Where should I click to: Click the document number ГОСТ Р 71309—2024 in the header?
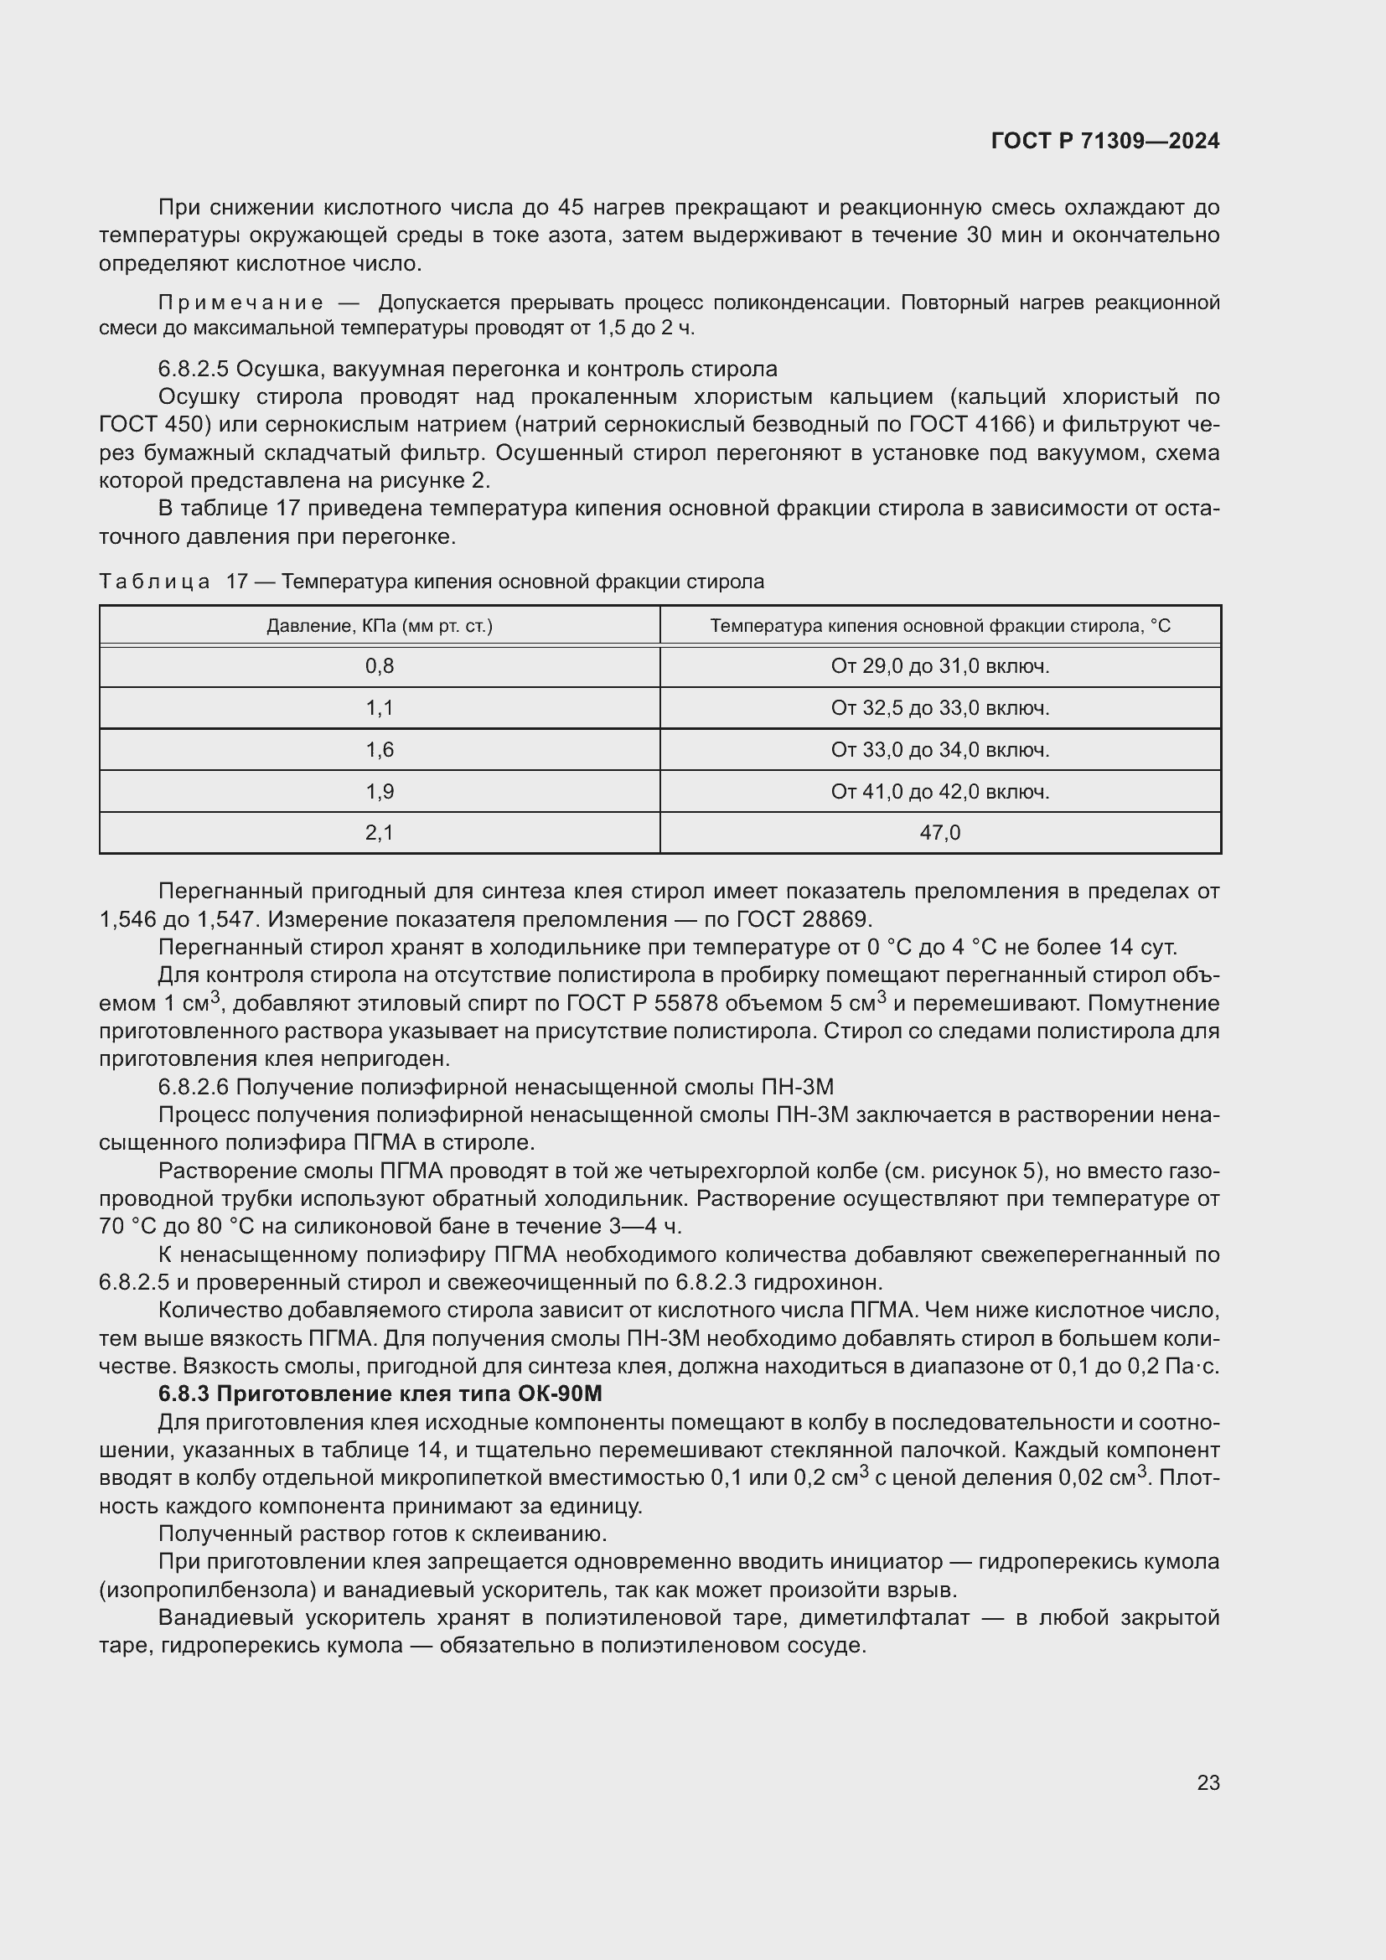(1104, 141)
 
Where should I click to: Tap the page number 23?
(1208, 1782)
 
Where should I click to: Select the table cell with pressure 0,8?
(380, 666)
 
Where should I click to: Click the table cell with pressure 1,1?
(380, 708)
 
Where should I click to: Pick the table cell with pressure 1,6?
(380, 749)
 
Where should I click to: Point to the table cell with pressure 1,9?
(380, 791)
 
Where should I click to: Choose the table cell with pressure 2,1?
(380, 832)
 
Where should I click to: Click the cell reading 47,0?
(939, 832)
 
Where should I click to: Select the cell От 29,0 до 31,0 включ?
(939, 666)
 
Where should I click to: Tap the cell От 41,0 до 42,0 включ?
(939, 791)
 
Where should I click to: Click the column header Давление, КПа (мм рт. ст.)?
(380, 626)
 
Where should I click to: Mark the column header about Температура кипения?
(939, 626)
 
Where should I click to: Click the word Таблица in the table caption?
(154, 582)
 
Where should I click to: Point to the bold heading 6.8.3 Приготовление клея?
(380, 1394)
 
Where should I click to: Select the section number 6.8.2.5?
(193, 370)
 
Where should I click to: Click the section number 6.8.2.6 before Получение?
(193, 1087)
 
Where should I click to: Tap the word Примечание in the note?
(240, 303)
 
